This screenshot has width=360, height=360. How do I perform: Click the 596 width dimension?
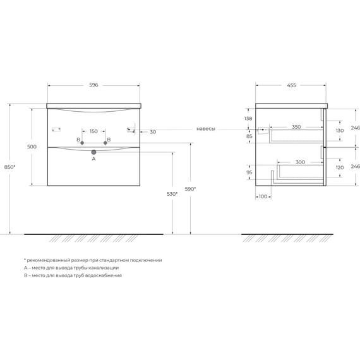[x=93, y=85]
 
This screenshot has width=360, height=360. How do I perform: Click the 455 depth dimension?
[x=291, y=85]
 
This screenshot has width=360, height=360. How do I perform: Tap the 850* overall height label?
[x=10, y=167]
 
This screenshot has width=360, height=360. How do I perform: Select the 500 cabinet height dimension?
[x=32, y=147]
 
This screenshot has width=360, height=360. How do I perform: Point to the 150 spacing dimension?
[x=93, y=131]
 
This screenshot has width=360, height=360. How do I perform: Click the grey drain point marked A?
[x=93, y=152]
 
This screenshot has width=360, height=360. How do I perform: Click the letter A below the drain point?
[x=93, y=159]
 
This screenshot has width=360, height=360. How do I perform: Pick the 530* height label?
[x=172, y=194]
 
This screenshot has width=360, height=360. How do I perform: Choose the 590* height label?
[x=190, y=189]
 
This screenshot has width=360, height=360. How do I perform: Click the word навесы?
[x=206, y=129]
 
